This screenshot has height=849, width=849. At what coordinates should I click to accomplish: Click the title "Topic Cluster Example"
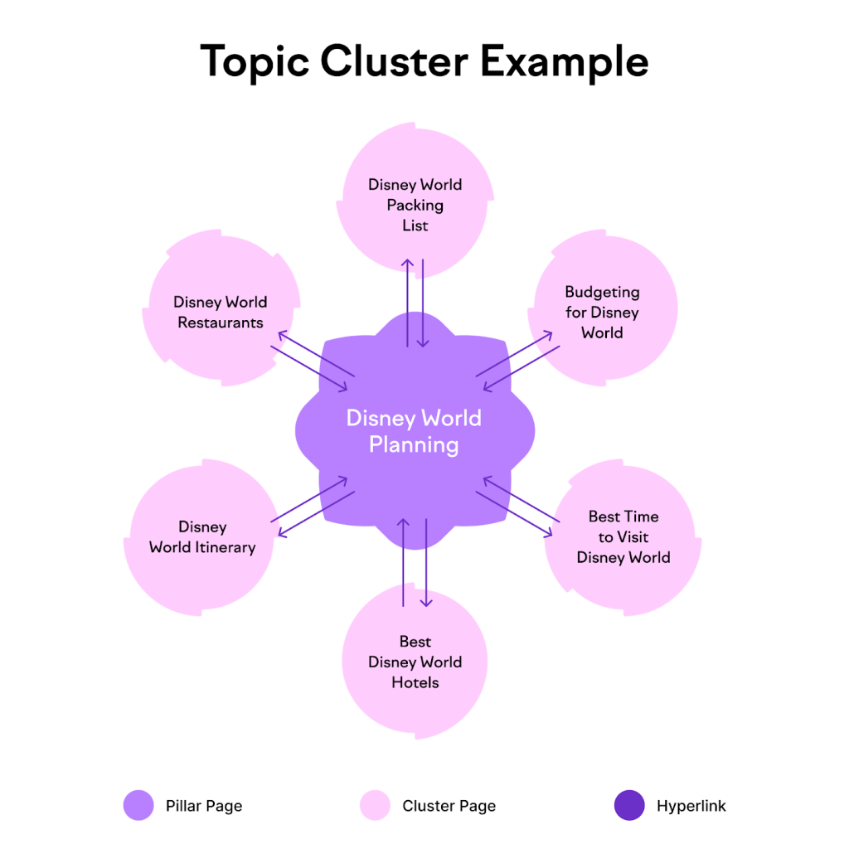(424, 61)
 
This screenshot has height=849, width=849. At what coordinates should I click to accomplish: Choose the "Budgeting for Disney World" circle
(603, 312)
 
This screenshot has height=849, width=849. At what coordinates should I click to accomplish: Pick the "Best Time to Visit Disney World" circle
(623, 536)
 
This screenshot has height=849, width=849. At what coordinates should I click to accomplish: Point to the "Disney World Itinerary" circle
(202, 536)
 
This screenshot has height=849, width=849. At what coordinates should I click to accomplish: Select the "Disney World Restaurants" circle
(220, 312)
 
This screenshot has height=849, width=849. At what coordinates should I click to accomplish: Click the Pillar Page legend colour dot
(138, 805)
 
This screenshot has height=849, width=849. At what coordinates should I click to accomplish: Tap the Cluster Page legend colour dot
(376, 805)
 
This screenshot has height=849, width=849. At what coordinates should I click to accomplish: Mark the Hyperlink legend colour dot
(629, 805)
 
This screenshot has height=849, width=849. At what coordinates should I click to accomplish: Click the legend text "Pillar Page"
(204, 805)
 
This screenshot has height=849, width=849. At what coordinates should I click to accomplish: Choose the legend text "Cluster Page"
(449, 805)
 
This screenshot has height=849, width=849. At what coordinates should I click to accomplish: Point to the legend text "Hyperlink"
(691, 805)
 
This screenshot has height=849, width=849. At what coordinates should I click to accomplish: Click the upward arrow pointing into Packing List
(408, 303)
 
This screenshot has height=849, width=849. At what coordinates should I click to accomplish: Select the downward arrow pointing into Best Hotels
(426, 564)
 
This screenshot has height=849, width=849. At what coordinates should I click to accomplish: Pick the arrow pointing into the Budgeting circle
(514, 354)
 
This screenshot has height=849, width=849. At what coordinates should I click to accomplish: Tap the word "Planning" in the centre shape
(414, 445)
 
